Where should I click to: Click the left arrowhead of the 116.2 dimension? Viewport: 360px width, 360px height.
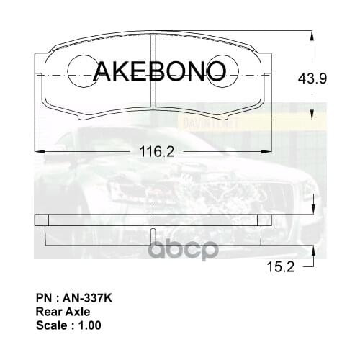click(40, 151)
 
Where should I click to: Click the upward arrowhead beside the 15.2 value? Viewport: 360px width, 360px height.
click(312, 250)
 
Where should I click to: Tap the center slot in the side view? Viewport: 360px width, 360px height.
click(155, 237)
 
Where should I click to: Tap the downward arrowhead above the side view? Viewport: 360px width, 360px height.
click(312, 210)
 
